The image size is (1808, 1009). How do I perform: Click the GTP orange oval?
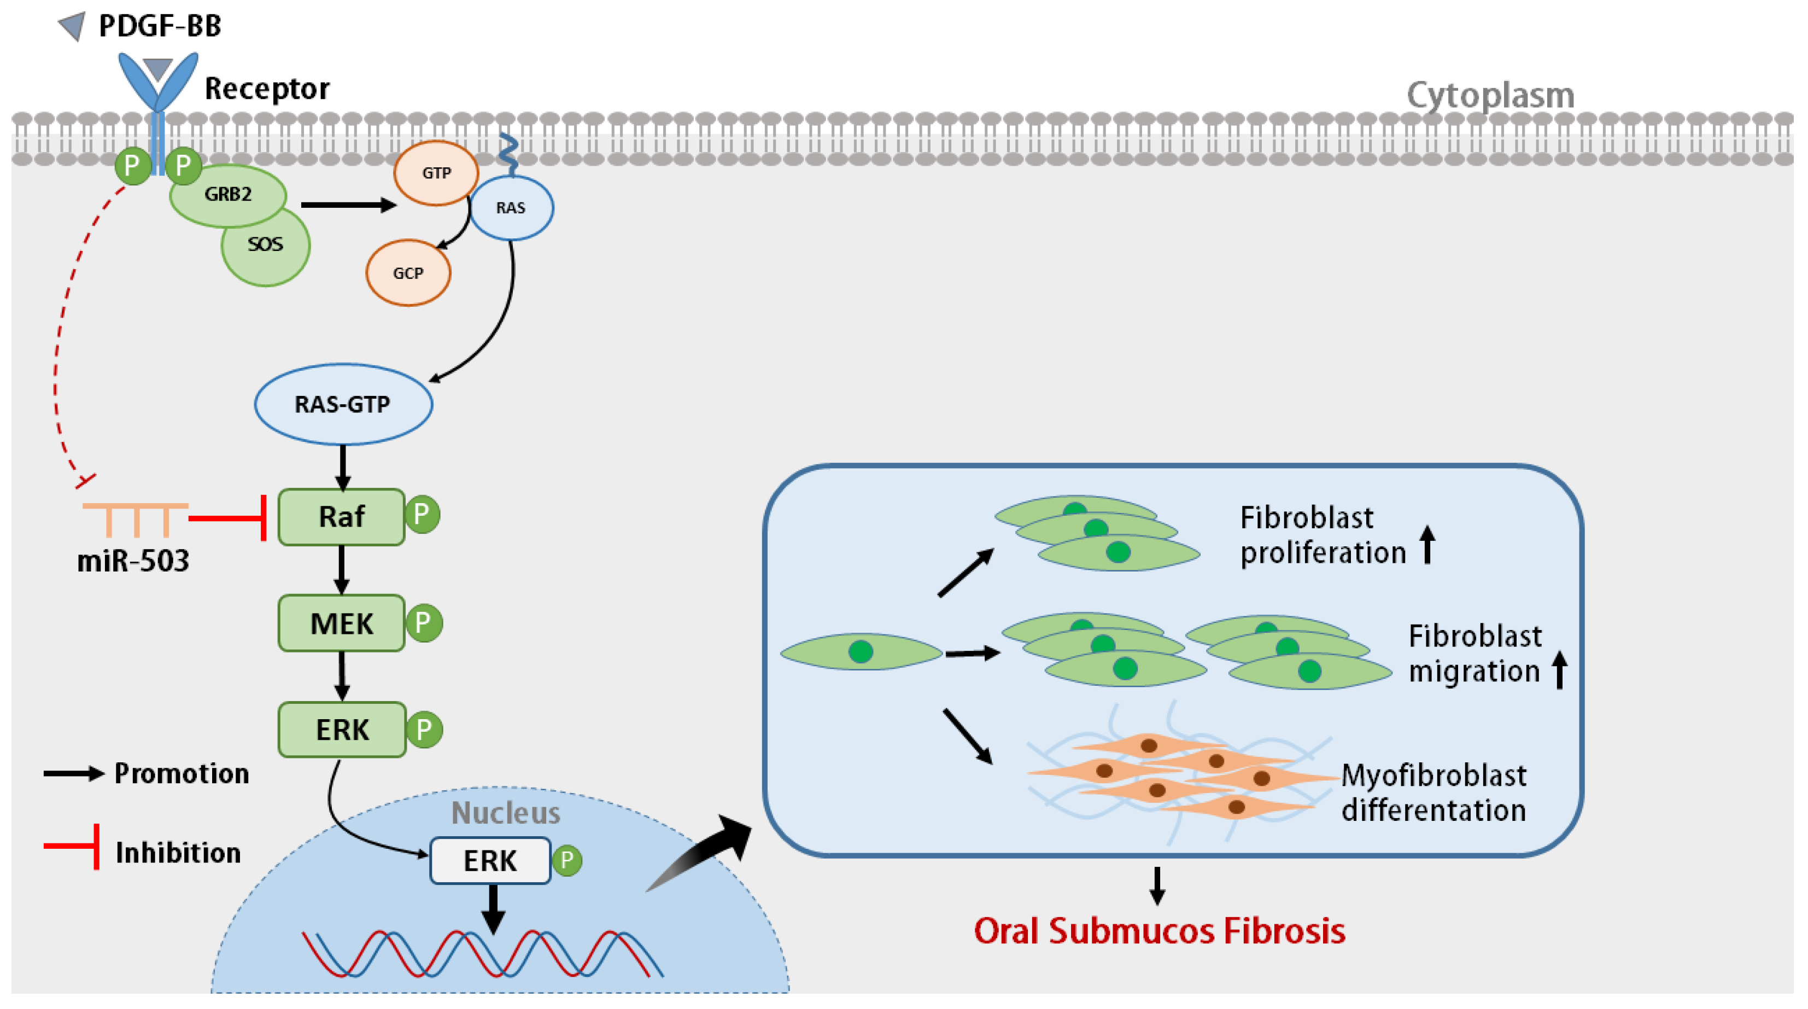(436, 173)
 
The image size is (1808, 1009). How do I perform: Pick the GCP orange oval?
(408, 273)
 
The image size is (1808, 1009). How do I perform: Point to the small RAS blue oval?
(511, 208)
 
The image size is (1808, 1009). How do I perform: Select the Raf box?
(341, 517)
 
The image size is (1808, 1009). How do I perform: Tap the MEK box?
(341, 623)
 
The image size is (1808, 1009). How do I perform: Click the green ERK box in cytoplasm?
(342, 730)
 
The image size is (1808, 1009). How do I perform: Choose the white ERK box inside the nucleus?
(489, 861)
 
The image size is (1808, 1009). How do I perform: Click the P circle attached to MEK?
(423, 623)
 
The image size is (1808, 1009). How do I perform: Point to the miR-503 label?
(133, 561)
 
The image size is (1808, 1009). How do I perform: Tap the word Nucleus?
(505, 813)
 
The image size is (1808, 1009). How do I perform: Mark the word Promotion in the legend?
(181, 774)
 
